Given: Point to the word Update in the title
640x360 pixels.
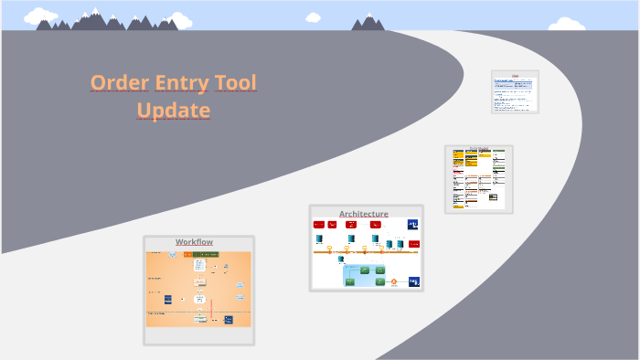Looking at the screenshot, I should coord(174,111).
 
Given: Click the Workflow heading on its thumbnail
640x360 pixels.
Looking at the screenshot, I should coord(194,242).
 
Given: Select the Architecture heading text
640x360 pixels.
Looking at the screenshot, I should coord(364,214).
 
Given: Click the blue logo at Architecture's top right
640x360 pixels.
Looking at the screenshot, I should coord(413,224).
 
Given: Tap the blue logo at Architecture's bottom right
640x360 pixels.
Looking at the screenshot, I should coord(413,281).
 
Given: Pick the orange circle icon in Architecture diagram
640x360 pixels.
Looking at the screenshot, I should coord(393,282).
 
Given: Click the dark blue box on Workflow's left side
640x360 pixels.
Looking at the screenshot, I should coord(168,299).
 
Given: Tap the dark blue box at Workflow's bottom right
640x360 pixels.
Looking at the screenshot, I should coord(228,320).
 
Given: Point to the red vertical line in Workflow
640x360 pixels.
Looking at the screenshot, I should coord(211,307).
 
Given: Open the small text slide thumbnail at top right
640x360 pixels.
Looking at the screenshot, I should coord(515,91).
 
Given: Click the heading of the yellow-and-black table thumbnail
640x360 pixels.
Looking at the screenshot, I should coord(478,148).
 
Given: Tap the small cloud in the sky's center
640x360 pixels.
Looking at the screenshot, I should coord(314,16).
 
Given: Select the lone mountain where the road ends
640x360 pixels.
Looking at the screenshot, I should coord(368,23).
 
